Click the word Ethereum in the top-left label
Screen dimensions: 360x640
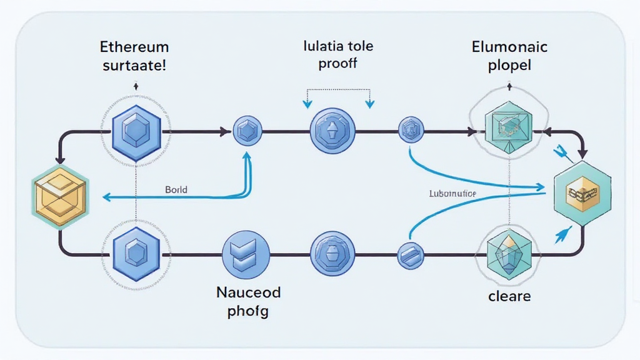(134, 47)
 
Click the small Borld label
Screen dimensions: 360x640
(176, 189)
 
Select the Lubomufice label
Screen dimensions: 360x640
(452, 194)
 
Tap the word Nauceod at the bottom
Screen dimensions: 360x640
(248, 292)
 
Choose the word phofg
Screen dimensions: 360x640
(248, 311)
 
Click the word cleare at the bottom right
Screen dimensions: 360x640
(509, 296)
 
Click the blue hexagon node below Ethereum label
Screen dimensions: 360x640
(136, 131)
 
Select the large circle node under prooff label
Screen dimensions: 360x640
(332, 131)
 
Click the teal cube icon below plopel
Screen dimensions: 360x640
(508, 127)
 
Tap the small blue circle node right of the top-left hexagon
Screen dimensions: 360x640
(246, 131)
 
